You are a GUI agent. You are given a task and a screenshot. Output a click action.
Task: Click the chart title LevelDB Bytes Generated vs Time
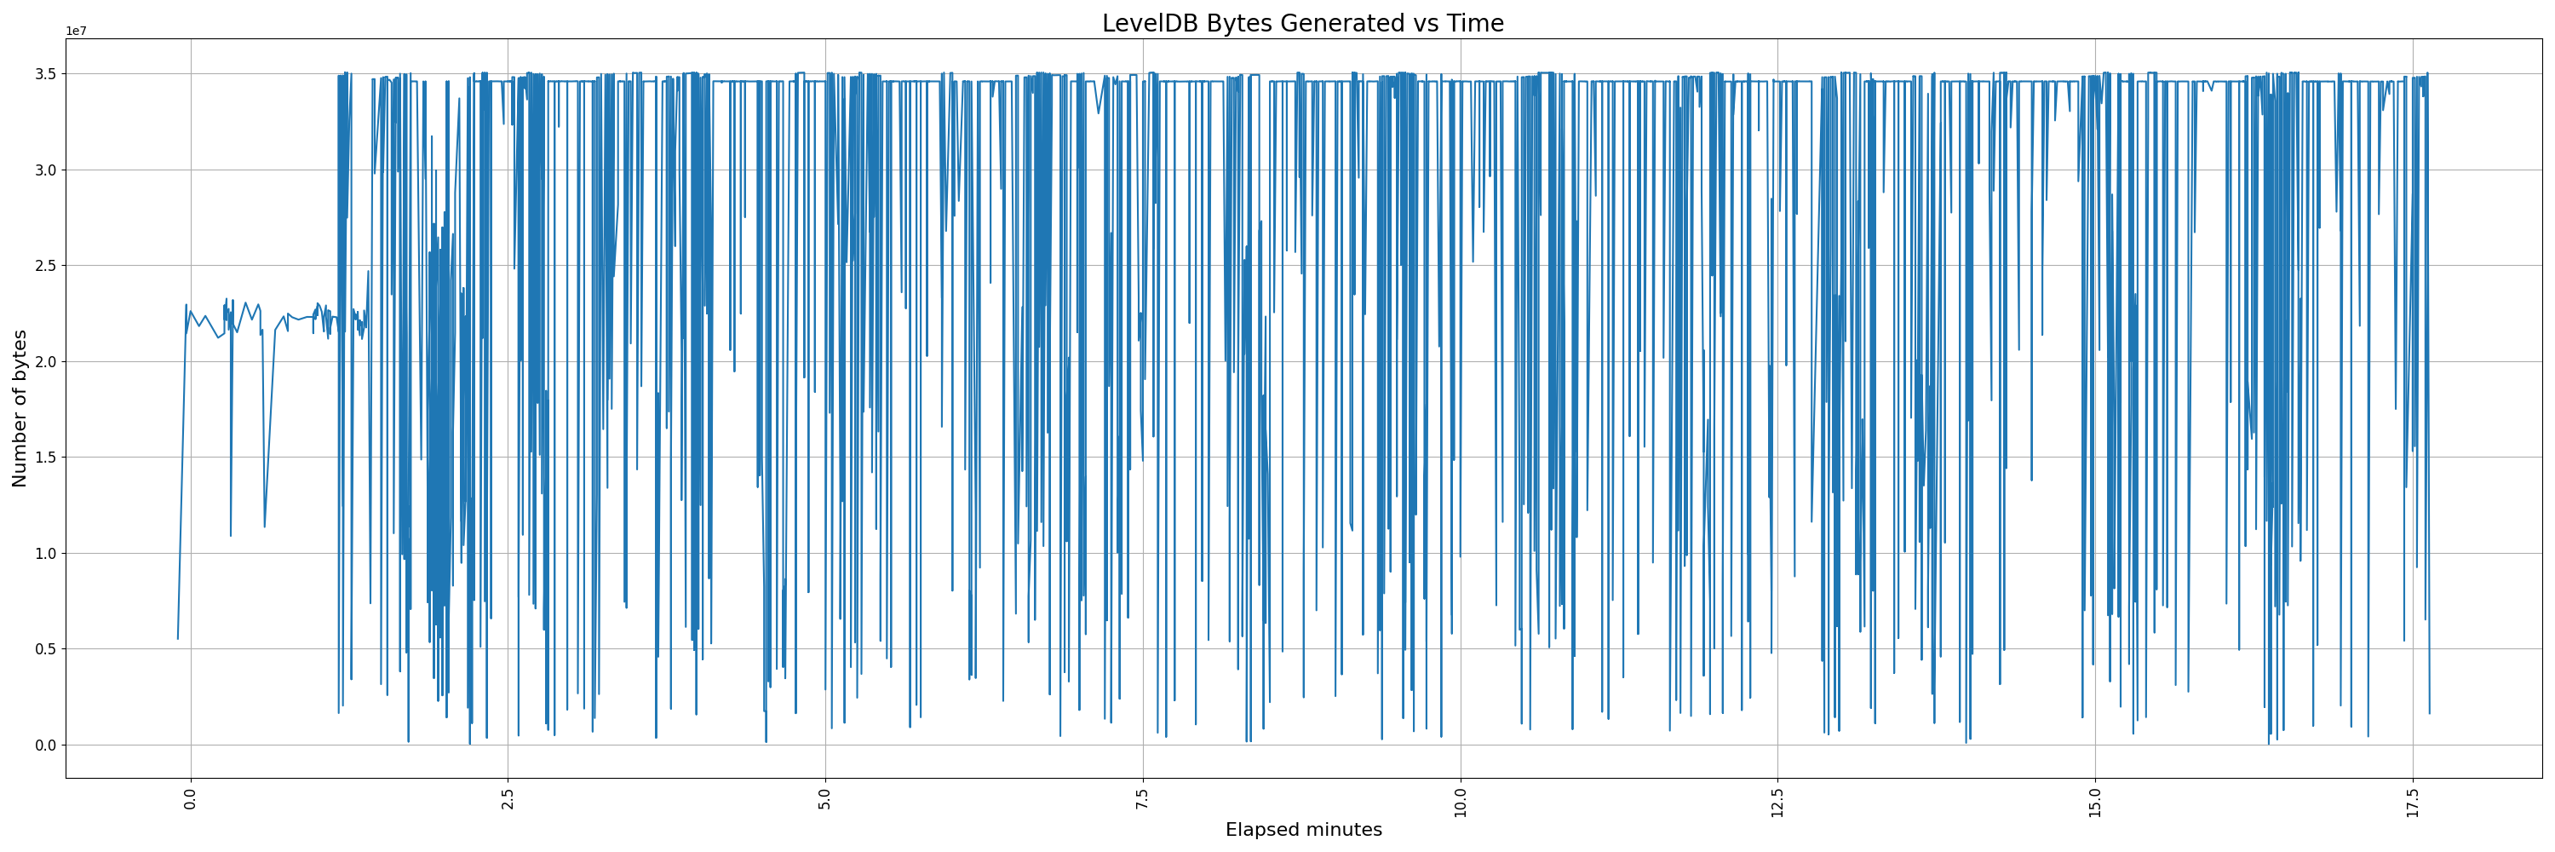[1302, 23]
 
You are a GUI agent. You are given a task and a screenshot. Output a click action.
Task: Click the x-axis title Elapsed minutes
[1302, 829]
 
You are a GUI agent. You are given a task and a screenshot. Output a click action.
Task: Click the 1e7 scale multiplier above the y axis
[77, 31]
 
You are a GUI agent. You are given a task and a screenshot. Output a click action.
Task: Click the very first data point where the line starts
[179, 639]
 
